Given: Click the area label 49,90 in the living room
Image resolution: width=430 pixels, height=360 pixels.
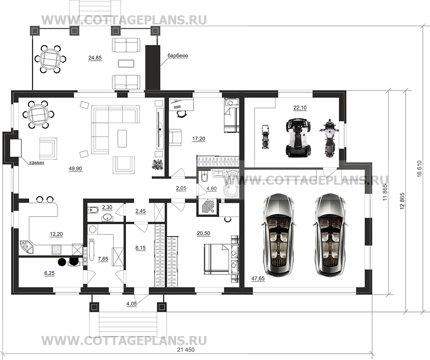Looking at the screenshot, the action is click(75, 169).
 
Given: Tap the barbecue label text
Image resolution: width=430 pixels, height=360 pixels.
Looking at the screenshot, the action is click(178, 56).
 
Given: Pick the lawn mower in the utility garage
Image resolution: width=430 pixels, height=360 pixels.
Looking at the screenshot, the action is click(265, 137).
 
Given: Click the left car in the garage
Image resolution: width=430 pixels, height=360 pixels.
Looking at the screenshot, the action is click(279, 235).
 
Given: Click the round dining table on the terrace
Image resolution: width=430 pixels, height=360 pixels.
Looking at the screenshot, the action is click(50, 59).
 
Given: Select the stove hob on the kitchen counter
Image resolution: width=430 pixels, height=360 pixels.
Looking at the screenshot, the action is click(57, 249).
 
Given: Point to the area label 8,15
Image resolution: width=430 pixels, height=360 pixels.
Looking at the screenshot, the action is click(141, 248).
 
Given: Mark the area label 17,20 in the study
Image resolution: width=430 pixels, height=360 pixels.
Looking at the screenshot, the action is click(199, 139).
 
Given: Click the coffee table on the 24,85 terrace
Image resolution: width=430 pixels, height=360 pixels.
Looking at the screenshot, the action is click(127, 63).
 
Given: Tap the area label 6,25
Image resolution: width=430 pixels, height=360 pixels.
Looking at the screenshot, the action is click(49, 273).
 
